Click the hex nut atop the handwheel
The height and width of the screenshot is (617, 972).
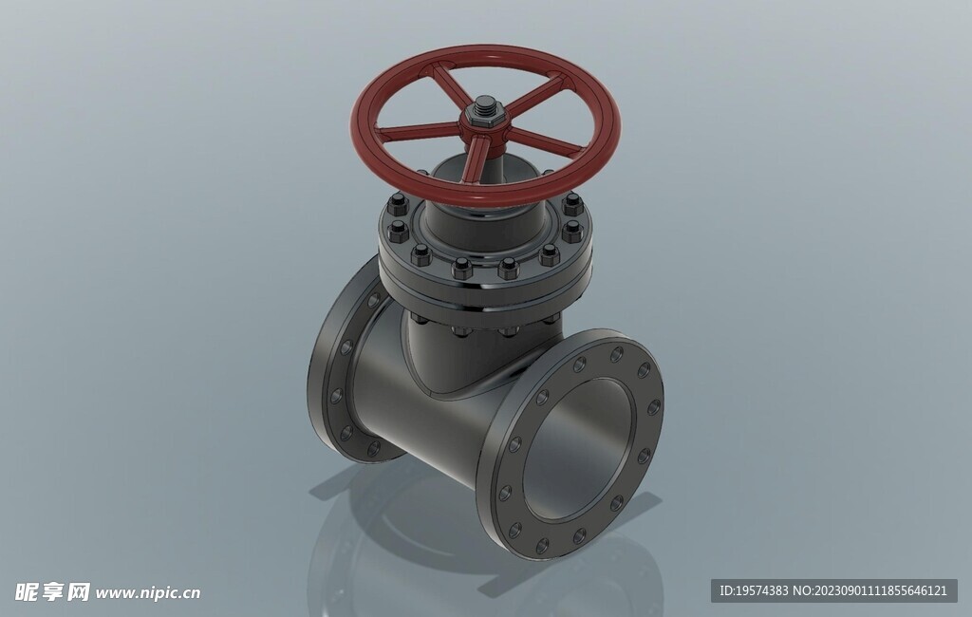tap(485, 112)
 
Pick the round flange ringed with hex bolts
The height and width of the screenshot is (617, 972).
tap(485, 272)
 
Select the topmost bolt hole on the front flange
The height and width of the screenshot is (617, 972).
tap(617, 355)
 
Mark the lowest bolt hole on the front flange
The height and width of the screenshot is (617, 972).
tap(542, 545)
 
